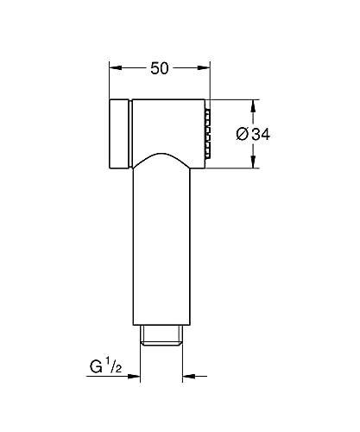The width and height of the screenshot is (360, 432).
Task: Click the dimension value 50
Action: click(160, 68)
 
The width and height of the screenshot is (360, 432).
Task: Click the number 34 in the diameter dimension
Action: click(261, 134)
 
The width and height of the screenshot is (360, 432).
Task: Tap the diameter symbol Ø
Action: click(243, 134)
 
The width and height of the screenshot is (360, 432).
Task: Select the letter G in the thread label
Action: click(96, 367)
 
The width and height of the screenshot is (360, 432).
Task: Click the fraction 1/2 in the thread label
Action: click(114, 365)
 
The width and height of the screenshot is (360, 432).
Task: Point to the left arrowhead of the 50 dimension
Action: click(116, 68)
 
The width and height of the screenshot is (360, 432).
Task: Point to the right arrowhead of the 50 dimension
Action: click(204, 68)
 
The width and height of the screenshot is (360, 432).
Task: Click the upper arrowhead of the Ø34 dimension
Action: click(253, 106)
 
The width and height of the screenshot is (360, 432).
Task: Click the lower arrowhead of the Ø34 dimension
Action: click(253, 162)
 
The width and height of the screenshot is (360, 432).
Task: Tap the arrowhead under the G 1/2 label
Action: click(134, 376)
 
